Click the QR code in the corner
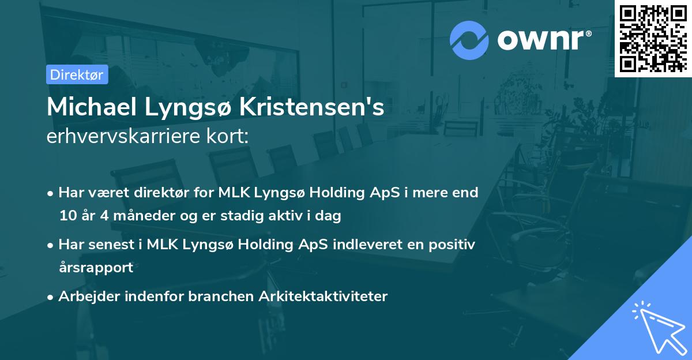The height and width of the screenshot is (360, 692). click(x=653, y=37)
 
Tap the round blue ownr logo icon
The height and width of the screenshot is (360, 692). click(x=469, y=39)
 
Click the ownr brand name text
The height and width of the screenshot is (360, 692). click(x=544, y=39)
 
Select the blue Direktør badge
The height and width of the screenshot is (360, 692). click(x=77, y=74)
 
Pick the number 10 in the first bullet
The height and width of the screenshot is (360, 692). click(x=68, y=216)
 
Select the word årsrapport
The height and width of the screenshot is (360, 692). click(x=96, y=268)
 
